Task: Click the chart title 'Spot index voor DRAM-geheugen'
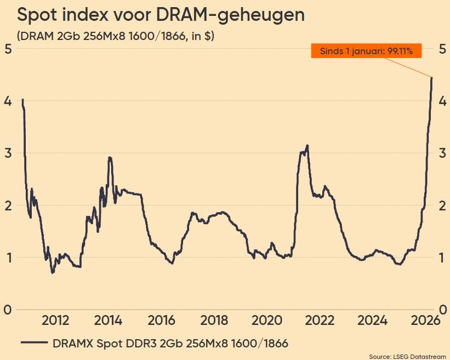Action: coord(161,15)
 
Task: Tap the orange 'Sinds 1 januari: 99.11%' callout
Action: coord(366,51)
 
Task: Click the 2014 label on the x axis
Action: coord(109,321)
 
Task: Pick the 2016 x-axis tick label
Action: coord(161,321)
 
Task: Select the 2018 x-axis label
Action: coord(214,321)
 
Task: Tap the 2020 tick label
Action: coord(267,321)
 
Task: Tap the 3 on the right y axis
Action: coord(442,153)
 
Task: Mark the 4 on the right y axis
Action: coord(442,101)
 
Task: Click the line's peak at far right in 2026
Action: coord(432,78)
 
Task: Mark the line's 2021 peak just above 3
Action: coord(307,145)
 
